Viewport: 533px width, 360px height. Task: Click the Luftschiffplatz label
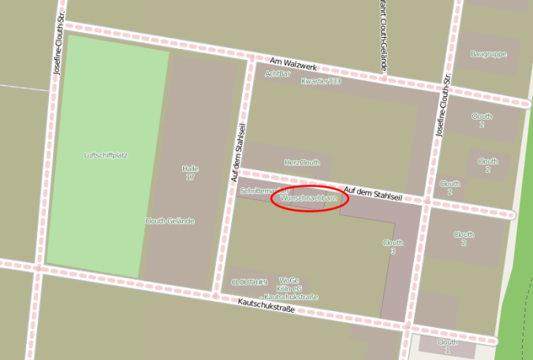tap(106, 155)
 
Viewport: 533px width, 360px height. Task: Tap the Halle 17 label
tap(189, 173)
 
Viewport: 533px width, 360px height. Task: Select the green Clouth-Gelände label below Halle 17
tap(170, 221)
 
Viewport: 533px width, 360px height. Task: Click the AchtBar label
tap(278, 73)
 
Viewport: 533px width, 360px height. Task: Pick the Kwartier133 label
tap(319, 81)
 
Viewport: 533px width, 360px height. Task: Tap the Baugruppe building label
tap(488, 54)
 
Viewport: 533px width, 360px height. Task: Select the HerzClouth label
tap(302, 163)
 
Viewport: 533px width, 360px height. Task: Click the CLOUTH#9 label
tap(249, 281)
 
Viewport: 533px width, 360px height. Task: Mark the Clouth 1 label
tap(448, 346)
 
